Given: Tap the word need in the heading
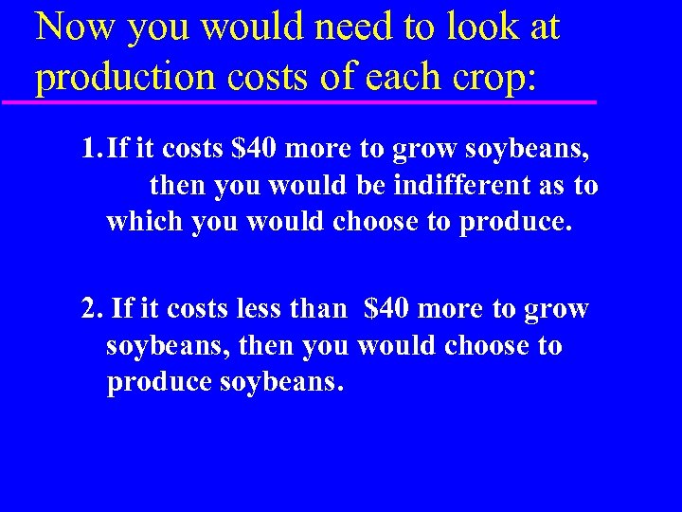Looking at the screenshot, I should [x=351, y=27].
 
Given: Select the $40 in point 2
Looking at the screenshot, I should [x=386, y=310].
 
